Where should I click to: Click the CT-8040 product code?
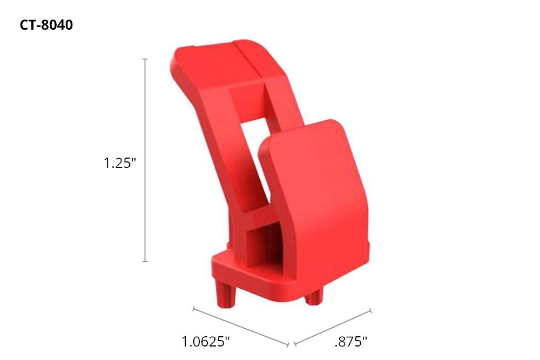[x=46, y=25]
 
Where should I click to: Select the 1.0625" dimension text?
[x=205, y=341]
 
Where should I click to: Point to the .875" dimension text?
[x=351, y=341]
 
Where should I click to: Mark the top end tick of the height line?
[x=145, y=59]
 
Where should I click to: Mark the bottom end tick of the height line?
[x=145, y=261]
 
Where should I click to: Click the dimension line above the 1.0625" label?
[x=241, y=326]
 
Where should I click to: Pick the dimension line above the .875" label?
[x=332, y=327]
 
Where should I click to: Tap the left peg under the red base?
[x=226, y=295]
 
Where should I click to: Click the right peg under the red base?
[x=313, y=296]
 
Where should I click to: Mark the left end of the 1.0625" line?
[x=194, y=309]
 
